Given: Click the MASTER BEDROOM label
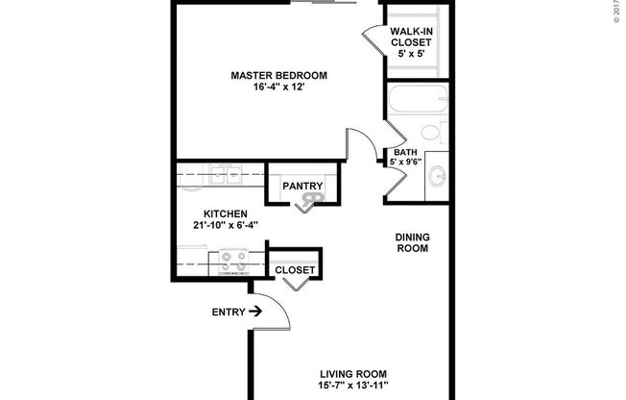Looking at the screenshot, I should click(x=279, y=76).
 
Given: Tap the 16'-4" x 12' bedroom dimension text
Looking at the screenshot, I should click(x=279, y=89).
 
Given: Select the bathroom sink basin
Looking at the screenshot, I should click(x=439, y=176).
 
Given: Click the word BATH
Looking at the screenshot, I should click(x=404, y=152).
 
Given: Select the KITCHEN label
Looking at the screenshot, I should click(x=226, y=213).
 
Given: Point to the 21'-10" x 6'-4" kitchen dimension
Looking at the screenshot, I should click(x=226, y=226).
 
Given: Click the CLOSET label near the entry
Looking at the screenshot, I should click(x=294, y=270).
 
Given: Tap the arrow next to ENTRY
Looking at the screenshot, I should click(x=254, y=312).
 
